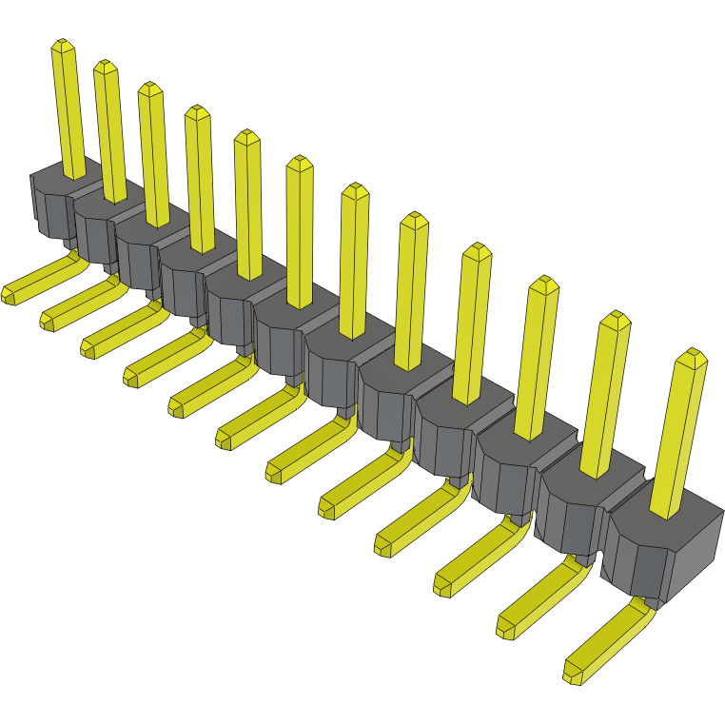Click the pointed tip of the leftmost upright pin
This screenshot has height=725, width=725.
click(63, 45)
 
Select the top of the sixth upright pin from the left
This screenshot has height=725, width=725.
click(299, 162)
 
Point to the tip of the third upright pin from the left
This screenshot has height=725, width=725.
click(149, 88)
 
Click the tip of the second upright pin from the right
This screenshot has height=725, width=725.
click(616, 318)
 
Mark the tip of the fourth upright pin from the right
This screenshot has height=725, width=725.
click(476, 249)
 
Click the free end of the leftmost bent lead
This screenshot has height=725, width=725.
click(10, 294)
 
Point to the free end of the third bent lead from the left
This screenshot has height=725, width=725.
click(89, 348)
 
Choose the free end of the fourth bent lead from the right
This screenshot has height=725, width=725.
click(384, 545)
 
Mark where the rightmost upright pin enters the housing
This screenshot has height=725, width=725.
click(665, 510)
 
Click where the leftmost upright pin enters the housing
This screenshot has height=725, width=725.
click(75, 174)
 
